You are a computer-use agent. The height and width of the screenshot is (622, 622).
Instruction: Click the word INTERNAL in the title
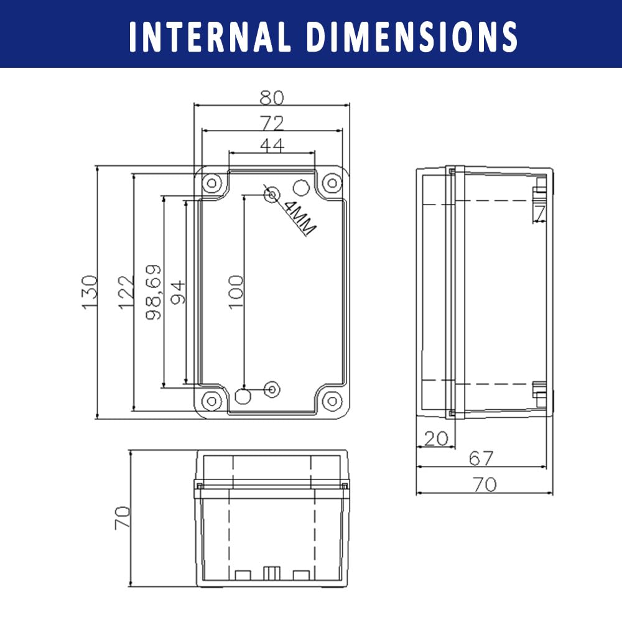point(210,37)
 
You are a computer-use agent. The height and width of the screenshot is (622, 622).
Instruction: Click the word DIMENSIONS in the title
point(412,37)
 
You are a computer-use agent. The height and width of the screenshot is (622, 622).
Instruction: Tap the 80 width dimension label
point(272,98)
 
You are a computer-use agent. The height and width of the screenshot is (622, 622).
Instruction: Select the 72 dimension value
point(272,123)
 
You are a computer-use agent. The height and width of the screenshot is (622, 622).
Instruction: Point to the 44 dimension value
point(272,145)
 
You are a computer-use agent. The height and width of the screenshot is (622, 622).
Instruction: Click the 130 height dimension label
point(89,292)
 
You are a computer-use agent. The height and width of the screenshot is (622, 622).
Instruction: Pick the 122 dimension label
point(126,292)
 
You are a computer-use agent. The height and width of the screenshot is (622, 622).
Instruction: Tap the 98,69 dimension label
point(154,292)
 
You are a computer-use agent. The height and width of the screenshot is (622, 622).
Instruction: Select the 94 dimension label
point(178,292)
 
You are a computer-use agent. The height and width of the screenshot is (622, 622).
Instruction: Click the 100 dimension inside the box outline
point(236,292)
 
